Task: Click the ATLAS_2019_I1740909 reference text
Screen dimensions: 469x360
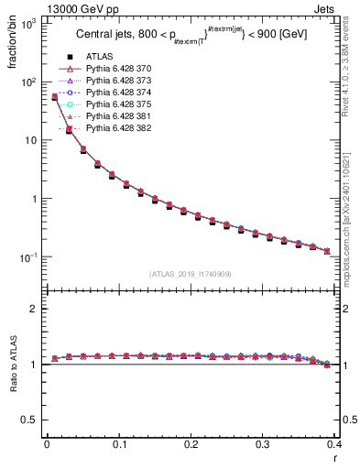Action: (191, 275)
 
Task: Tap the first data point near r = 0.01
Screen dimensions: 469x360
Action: (54, 97)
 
